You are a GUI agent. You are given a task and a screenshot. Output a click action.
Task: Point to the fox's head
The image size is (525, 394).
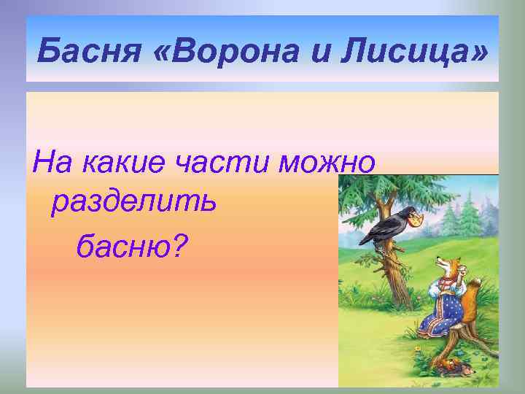pyautogui.click(x=441, y=265)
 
